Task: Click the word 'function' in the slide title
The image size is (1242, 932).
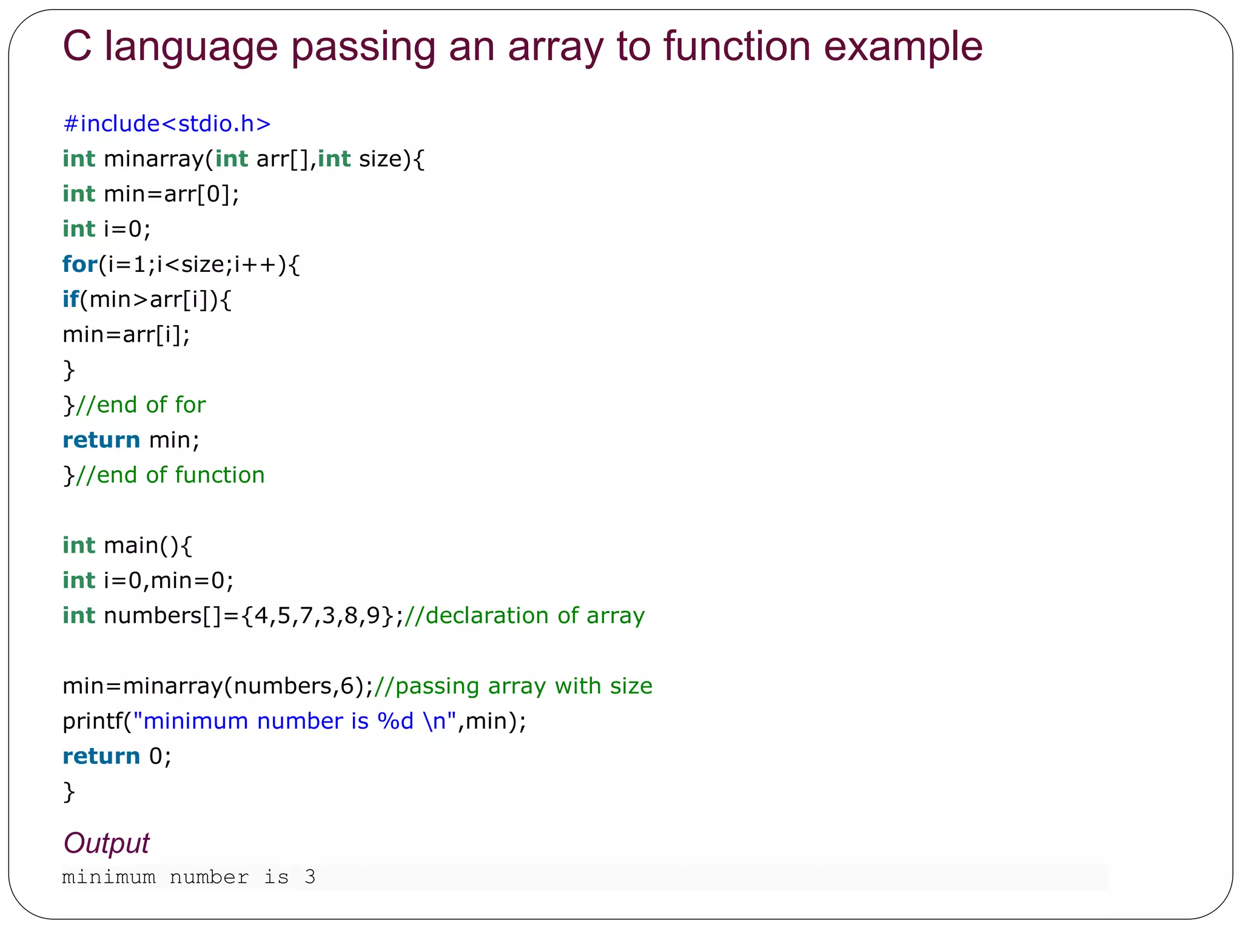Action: [736, 46]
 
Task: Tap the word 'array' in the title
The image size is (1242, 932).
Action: [556, 46]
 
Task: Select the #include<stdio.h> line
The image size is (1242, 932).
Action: [167, 124]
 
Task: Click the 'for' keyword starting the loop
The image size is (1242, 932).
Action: [79, 265]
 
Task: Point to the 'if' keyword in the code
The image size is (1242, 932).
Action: [70, 300]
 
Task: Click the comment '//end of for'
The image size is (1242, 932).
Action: [141, 405]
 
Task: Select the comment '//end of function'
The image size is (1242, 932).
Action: [170, 475]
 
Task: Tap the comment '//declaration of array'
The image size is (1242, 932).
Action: [525, 616]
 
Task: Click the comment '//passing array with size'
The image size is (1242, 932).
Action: [513, 686]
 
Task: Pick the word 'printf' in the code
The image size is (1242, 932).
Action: [92, 721]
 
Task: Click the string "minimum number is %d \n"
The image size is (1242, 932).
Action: [294, 721]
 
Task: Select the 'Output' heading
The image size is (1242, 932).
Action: [106, 843]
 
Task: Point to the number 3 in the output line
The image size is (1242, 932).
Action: [310, 877]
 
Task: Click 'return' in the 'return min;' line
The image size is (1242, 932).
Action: [101, 440]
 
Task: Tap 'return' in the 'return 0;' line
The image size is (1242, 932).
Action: [101, 757]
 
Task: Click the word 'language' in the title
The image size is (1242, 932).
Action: [191, 46]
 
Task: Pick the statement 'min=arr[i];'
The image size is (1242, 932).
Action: [126, 335]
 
